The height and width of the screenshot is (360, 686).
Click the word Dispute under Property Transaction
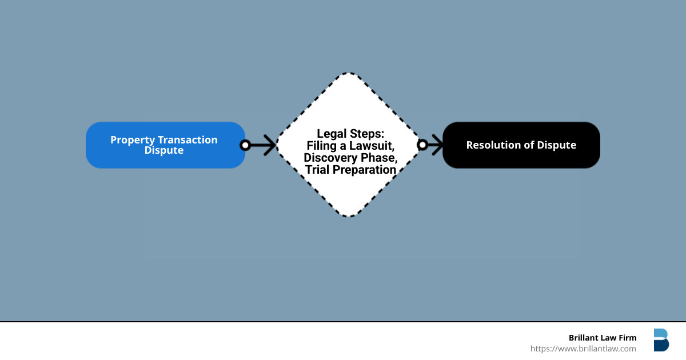pos(163,150)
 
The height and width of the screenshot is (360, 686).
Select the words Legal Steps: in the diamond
pos(350,134)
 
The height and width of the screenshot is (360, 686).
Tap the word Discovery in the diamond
pos(328,158)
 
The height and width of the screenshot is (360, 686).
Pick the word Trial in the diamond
pos(318,170)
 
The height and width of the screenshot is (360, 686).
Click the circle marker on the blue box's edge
pos(245,145)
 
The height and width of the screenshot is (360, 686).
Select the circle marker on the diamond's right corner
pos(422,145)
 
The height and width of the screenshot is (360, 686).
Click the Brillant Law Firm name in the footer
pos(603,338)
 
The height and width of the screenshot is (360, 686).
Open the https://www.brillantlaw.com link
pos(583,349)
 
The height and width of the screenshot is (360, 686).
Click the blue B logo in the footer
pos(661,340)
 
